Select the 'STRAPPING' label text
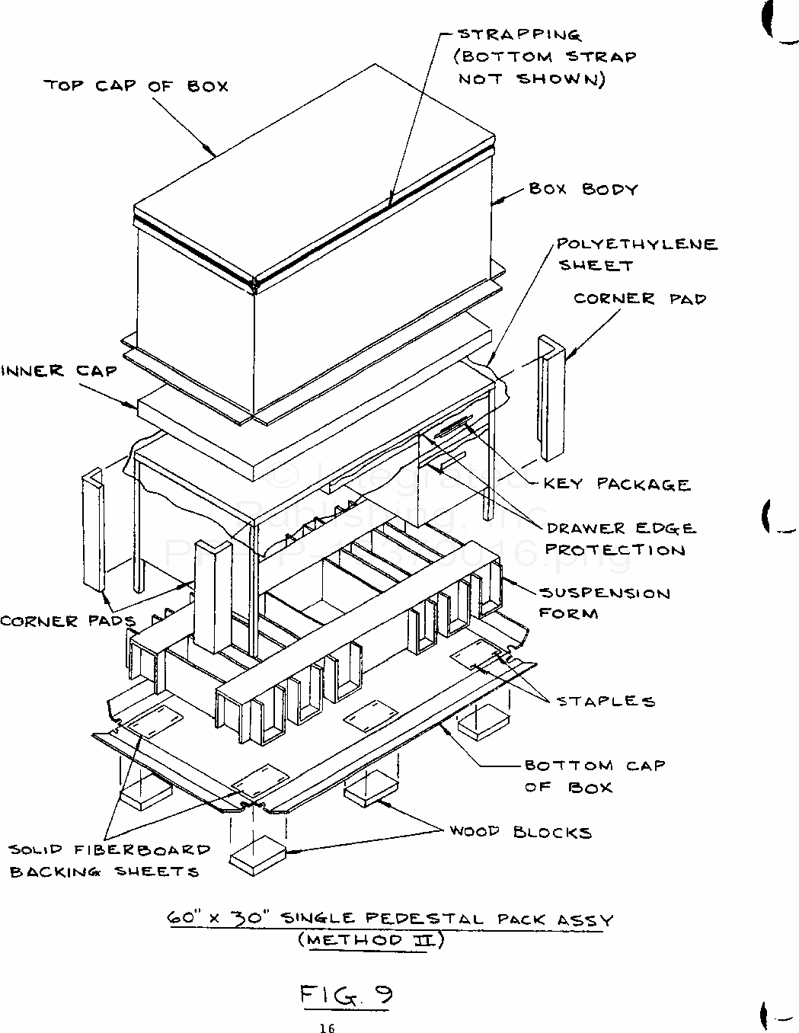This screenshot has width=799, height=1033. [x=519, y=34]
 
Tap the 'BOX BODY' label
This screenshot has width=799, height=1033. [x=583, y=189]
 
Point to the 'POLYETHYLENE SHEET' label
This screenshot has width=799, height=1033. [x=637, y=254]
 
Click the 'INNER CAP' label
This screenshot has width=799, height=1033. [x=59, y=371]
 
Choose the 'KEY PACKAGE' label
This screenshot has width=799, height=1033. [x=616, y=485]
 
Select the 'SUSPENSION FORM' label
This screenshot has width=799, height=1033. [x=605, y=603]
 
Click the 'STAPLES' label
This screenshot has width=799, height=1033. [x=606, y=701]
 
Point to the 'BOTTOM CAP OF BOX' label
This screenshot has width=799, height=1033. [x=594, y=776]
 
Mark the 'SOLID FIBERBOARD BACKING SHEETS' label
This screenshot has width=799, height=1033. [x=110, y=860]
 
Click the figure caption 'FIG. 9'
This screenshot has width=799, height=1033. [x=346, y=995]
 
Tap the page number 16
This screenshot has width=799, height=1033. [x=327, y=1028]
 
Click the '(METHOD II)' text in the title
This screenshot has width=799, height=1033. [x=369, y=940]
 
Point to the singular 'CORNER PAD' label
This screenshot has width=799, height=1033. [x=640, y=299]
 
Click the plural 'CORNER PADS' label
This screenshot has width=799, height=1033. [x=67, y=621]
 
